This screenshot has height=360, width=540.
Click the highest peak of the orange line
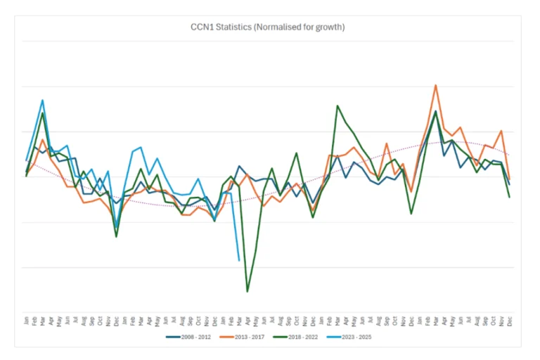click(x=436, y=85)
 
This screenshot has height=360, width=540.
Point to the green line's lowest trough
click(x=247, y=291)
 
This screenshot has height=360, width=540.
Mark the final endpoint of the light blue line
click(x=239, y=260)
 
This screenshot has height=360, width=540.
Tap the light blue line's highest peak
click(x=43, y=100)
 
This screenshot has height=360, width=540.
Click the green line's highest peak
click(x=338, y=105)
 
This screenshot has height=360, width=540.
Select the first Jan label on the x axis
click(x=27, y=321)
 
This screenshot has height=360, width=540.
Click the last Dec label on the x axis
click(x=509, y=321)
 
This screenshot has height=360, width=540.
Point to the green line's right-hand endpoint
click(x=509, y=197)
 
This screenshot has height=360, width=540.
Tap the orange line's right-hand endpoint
click(x=509, y=179)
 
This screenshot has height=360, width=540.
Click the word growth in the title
click(x=329, y=27)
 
